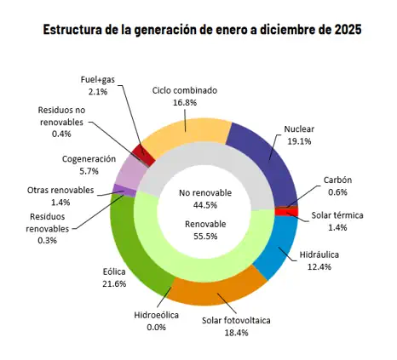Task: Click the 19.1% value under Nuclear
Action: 299,142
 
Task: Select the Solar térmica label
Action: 337,215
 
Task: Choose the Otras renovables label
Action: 60,190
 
